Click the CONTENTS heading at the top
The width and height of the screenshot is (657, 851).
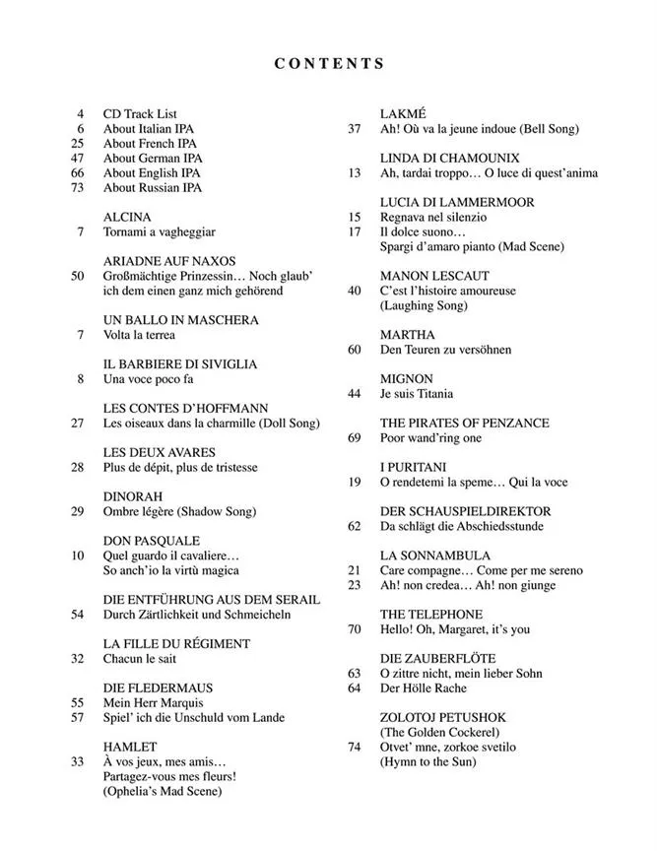coord(329,64)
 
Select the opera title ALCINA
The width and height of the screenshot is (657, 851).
coord(127,217)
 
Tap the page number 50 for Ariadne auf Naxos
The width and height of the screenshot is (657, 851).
coord(78,276)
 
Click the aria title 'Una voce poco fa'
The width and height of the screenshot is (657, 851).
coord(148,379)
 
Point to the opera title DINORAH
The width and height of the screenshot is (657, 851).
coord(132,496)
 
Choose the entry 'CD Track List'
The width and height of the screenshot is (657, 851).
coord(139,114)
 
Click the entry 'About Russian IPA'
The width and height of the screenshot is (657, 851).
coord(152,187)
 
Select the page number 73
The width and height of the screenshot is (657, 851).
coord(78,187)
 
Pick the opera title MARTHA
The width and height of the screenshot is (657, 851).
coord(407,335)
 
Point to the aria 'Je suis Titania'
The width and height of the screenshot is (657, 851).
coord(417,394)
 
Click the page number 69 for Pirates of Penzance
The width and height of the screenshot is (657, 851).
coord(355,438)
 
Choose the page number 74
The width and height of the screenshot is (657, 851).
coord(355,747)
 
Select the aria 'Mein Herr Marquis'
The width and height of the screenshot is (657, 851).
coord(153,703)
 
